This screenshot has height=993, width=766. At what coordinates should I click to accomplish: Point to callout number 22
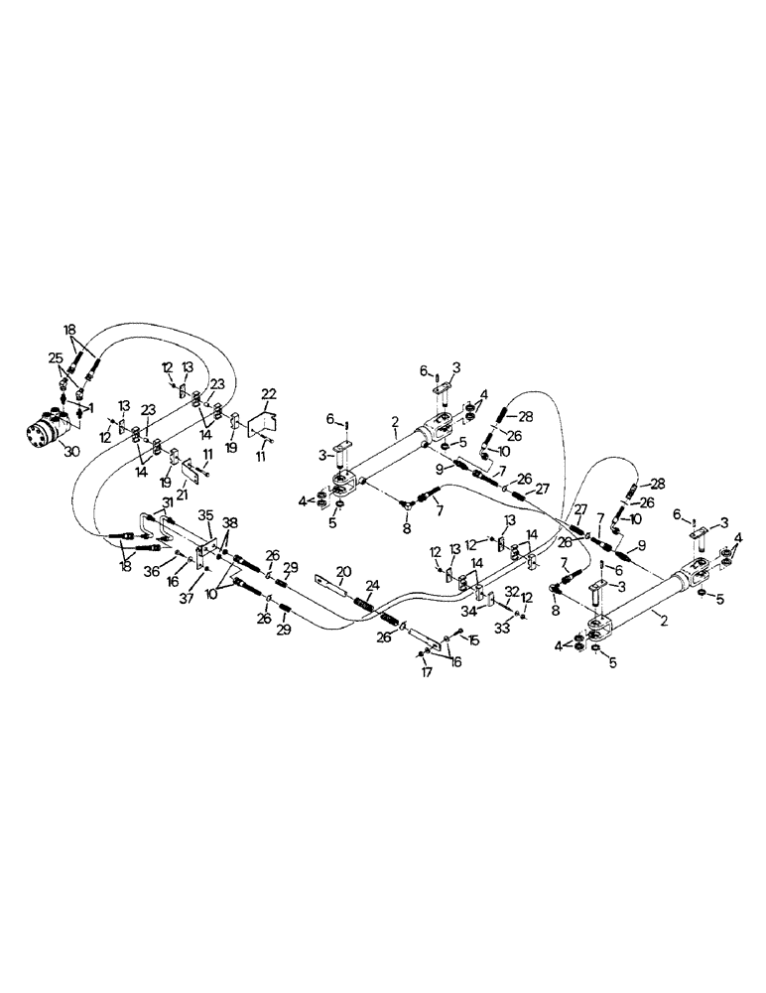267,393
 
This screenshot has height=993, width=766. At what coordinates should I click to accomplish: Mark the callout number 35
206,515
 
